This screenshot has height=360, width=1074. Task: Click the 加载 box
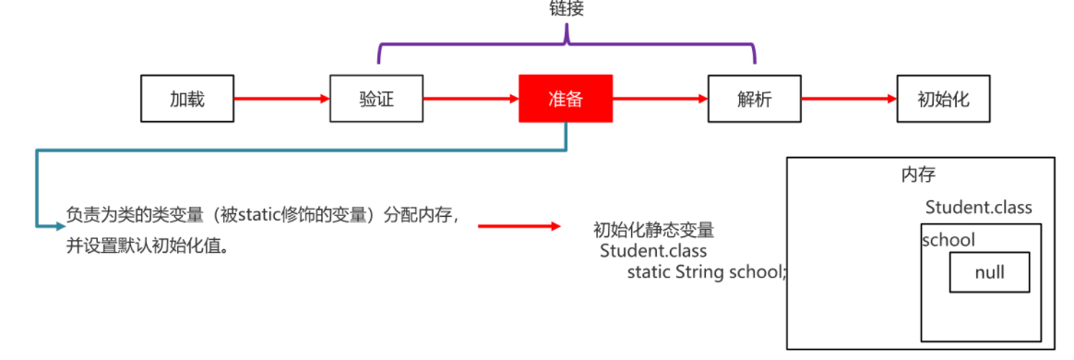pos(186,98)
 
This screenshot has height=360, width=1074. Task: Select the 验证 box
pos(376,98)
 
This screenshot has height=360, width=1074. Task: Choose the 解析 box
pos(754,98)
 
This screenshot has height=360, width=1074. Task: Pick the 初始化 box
pos(943,98)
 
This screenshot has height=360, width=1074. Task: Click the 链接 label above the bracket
pos(567,9)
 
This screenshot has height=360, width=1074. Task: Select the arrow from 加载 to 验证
pos(280,98)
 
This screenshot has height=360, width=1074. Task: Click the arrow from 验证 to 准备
pos(470,98)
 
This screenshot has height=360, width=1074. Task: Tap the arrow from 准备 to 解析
pos(659,98)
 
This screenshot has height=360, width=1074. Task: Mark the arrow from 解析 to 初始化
pos(848,98)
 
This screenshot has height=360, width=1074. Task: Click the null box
pos(989,272)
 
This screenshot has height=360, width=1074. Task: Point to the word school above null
pos(949,240)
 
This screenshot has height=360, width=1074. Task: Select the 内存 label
pos(919,174)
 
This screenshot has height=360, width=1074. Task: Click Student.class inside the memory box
pos(978,207)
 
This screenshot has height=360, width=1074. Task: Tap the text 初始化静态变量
pos(653,230)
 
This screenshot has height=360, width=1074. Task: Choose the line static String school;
pos(707,271)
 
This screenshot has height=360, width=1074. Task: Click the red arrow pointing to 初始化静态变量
pos(519,226)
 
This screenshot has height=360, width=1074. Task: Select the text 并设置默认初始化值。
pos(148,247)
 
